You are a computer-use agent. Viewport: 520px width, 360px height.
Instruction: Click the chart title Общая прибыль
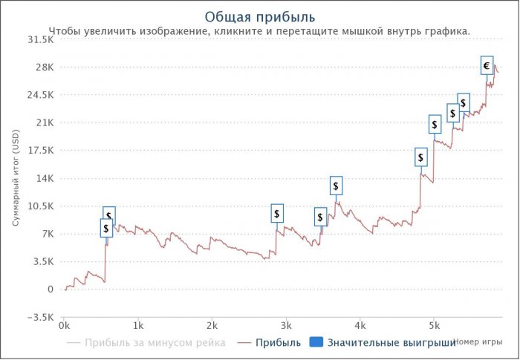259,16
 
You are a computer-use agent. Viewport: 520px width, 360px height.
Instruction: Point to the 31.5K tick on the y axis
41,39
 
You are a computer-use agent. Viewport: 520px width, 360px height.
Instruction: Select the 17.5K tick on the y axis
41,151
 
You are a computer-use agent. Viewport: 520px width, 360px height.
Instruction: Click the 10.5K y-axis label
41,206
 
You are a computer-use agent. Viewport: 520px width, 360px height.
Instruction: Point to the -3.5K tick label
41,318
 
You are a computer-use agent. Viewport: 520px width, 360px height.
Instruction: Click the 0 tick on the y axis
51,289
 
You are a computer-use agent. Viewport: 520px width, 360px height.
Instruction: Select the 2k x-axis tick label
212,325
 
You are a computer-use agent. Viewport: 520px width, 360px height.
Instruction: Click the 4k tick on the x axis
360,325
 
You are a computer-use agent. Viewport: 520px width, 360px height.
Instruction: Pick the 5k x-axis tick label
434,325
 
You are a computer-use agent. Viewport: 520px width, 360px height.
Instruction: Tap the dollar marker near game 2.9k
277,214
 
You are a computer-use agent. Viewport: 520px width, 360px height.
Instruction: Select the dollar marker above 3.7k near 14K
336,186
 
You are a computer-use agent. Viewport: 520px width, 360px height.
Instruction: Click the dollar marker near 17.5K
421,157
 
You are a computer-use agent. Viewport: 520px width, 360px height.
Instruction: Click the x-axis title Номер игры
476,341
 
